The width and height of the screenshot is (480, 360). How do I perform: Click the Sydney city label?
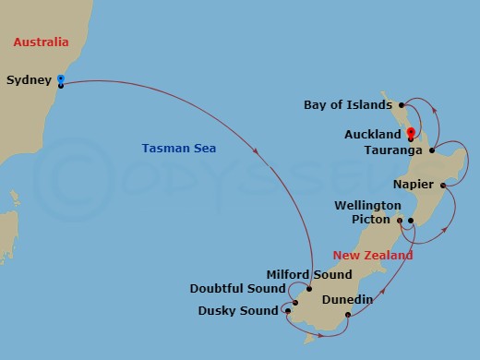click(28, 80)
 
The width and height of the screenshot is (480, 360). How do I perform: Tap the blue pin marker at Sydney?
click(60, 80)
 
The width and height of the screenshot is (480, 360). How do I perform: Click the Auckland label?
click(373, 134)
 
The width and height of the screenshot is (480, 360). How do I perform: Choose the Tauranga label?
click(393, 150)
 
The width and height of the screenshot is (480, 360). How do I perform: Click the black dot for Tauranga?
click(432, 149)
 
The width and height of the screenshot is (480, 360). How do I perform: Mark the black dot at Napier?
click(444, 186)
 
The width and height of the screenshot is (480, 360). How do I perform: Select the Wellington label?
click(368, 204)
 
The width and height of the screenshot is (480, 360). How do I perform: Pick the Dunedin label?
click(347, 299)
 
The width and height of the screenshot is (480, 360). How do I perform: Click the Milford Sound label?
click(308, 274)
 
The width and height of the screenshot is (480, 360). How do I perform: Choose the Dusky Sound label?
click(237, 310)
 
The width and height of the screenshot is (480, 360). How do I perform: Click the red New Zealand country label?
click(373, 254)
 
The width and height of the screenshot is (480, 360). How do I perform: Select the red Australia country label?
click(41, 42)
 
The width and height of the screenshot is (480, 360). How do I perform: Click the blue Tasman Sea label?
click(174, 148)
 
